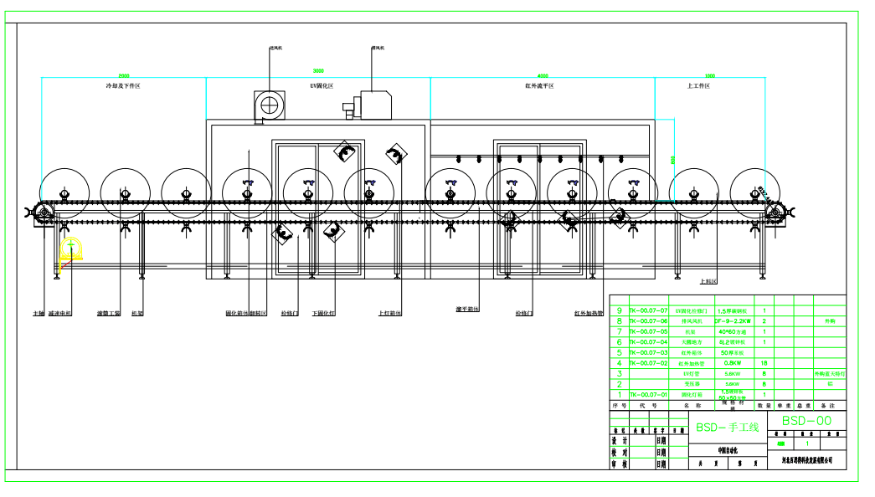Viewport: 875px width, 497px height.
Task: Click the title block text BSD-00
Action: point(806,421)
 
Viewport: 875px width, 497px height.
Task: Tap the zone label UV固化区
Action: point(322,85)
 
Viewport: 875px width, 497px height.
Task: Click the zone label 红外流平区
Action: point(540,85)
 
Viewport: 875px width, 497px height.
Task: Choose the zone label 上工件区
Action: point(698,85)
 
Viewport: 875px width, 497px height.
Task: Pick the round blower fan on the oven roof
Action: point(270,105)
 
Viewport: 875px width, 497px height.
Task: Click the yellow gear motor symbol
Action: point(71,248)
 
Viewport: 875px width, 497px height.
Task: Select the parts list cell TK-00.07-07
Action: point(649,310)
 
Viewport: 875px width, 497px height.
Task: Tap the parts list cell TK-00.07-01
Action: point(649,394)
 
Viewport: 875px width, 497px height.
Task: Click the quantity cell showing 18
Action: point(764,363)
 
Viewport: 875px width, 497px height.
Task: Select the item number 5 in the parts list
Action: point(619,352)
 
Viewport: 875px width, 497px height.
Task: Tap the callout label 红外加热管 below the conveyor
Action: point(589,314)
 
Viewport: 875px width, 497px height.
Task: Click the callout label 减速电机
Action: point(60,314)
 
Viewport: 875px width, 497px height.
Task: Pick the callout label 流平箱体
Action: point(467,310)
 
